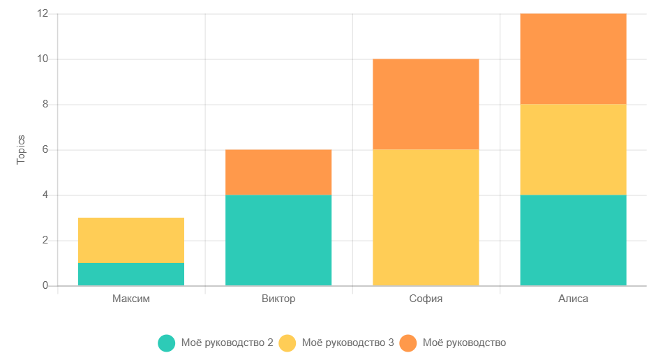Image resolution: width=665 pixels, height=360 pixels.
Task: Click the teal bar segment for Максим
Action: (x=131, y=274)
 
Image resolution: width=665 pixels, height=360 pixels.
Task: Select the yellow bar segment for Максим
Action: (x=131, y=240)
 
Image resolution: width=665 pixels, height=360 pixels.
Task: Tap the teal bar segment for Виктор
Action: (x=278, y=240)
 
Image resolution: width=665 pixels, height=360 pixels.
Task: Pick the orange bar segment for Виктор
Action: (x=278, y=172)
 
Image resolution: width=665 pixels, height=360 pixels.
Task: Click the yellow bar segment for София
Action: (x=426, y=218)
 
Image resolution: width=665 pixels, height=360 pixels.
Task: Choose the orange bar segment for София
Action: (x=426, y=105)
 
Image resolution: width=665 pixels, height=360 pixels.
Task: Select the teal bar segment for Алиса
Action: (x=573, y=240)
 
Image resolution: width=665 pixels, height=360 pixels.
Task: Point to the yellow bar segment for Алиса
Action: (x=573, y=149)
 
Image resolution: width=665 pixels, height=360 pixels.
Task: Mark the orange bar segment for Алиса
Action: (x=573, y=59)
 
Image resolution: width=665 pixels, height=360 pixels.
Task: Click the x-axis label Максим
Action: (x=131, y=299)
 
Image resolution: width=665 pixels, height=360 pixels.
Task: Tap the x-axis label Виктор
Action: (x=278, y=299)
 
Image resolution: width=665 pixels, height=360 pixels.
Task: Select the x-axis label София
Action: (x=426, y=299)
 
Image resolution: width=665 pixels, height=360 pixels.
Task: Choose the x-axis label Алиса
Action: (x=573, y=299)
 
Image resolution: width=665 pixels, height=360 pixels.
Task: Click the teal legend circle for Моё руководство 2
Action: (x=166, y=343)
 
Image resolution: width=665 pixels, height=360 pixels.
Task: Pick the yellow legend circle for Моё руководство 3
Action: (x=287, y=343)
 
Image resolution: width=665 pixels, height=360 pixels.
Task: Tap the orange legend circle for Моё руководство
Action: (x=409, y=343)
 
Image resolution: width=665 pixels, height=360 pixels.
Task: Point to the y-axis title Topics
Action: (x=21, y=149)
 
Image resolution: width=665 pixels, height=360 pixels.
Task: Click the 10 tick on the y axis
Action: (x=43, y=59)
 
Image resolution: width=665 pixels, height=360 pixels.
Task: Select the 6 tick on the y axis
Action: (x=45, y=150)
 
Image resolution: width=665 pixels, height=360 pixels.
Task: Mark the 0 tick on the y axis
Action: (x=45, y=285)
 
